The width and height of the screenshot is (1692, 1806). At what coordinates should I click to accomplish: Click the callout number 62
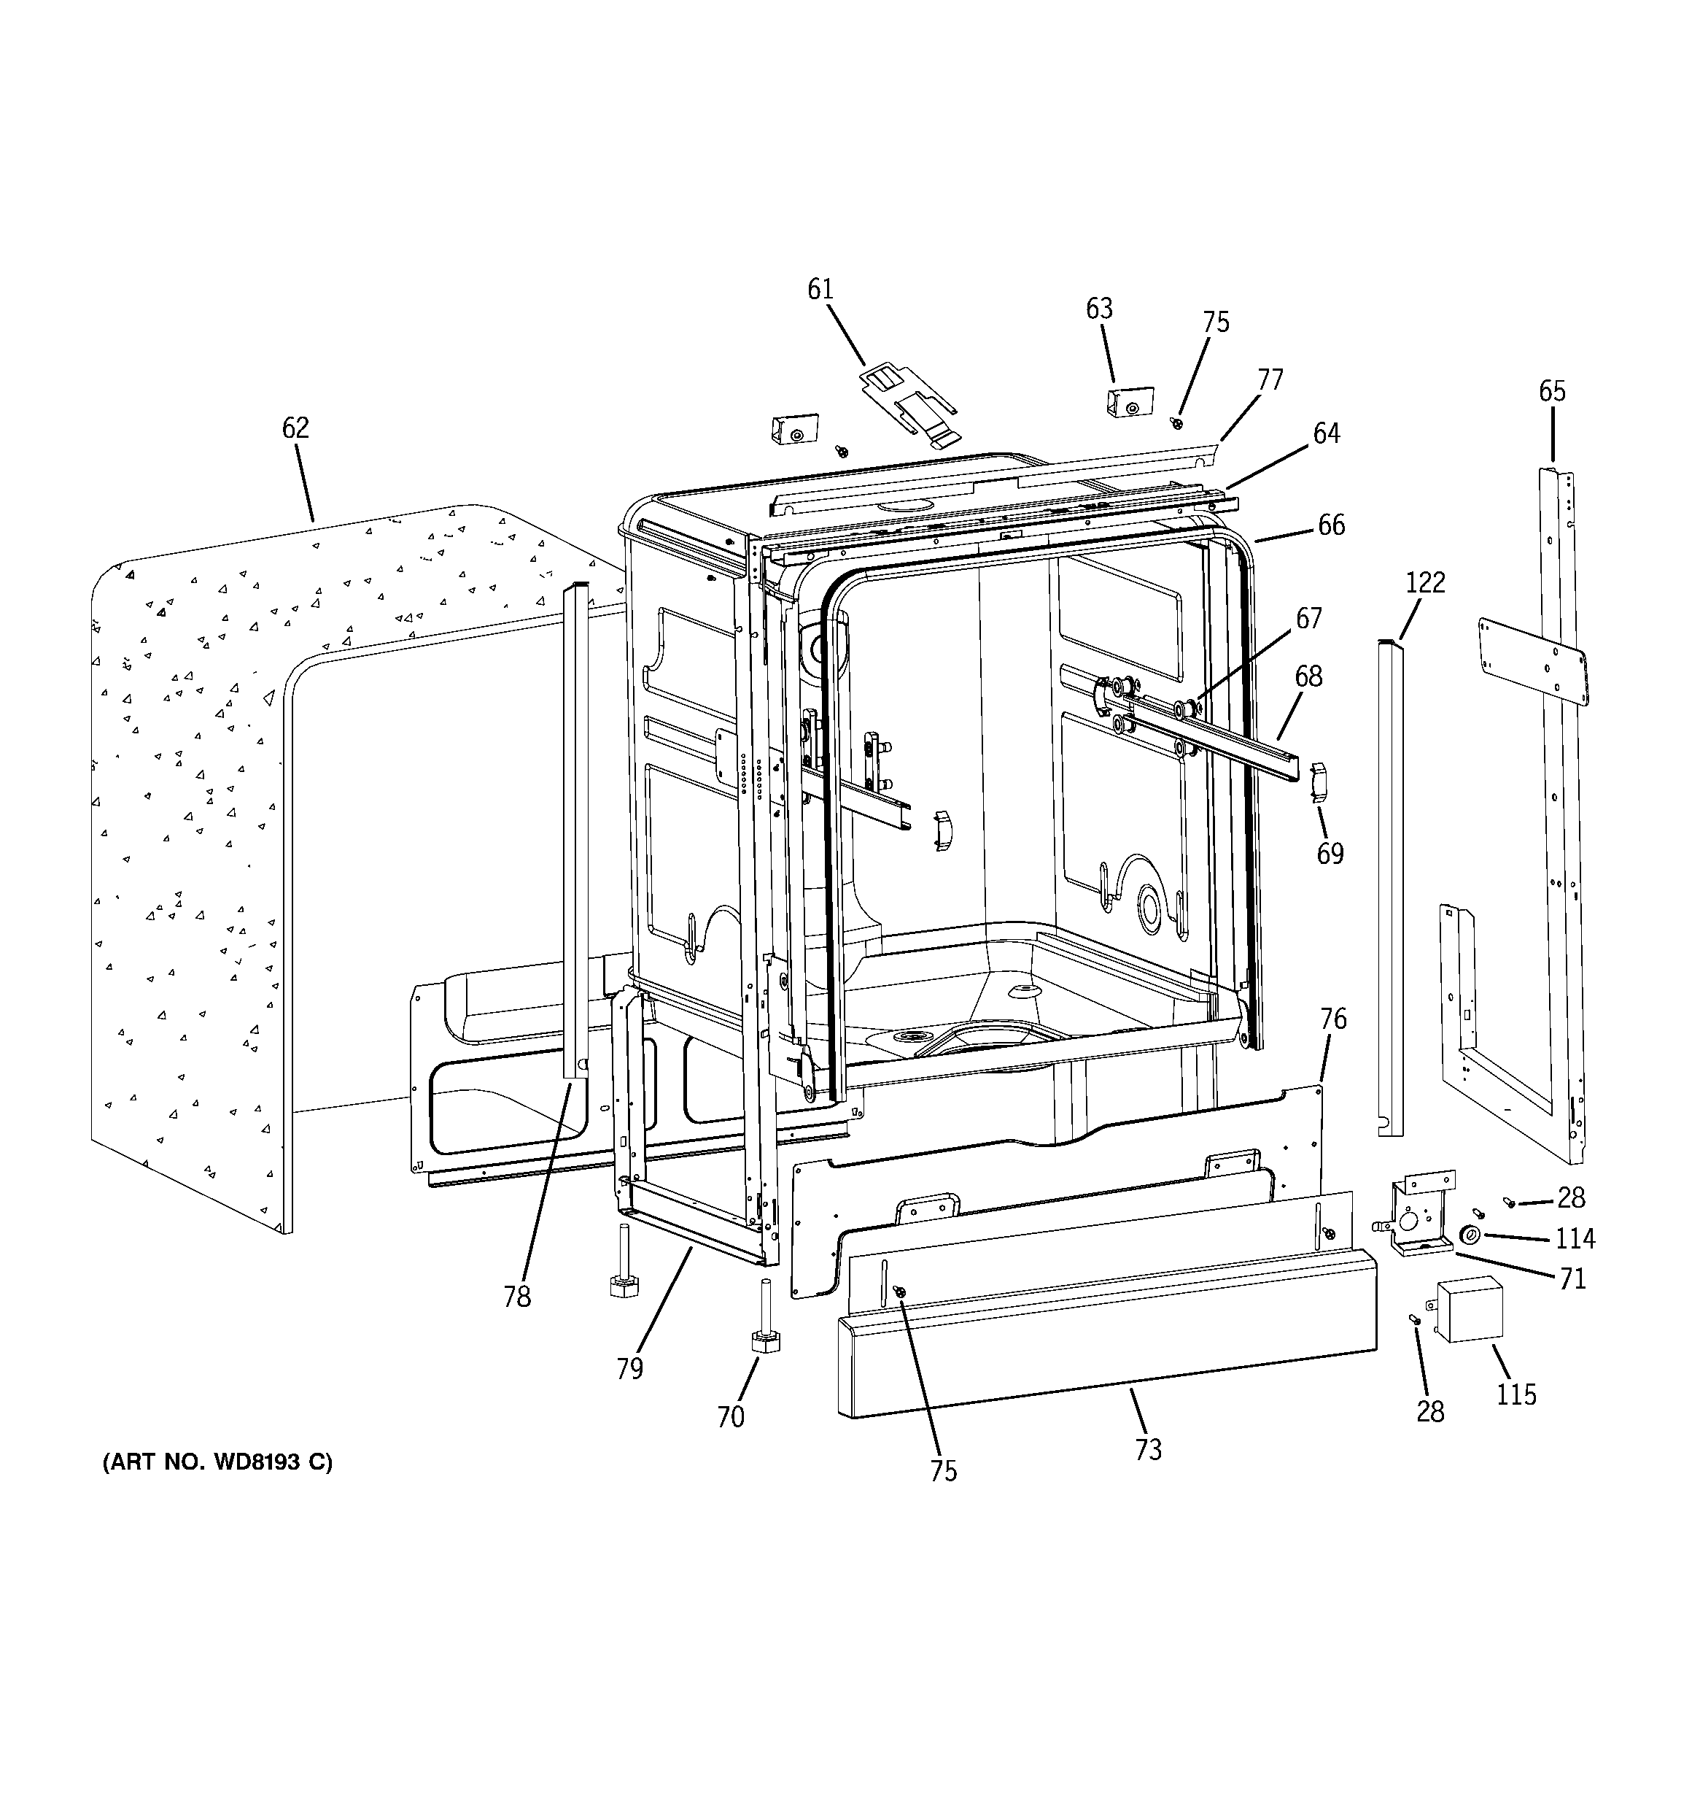click(295, 428)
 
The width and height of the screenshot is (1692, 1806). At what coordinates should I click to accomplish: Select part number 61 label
click(820, 290)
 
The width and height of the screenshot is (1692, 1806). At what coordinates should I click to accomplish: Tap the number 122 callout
click(1425, 582)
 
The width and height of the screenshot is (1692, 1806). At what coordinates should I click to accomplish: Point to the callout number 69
click(1330, 853)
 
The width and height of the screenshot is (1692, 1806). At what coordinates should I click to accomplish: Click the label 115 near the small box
click(1516, 1394)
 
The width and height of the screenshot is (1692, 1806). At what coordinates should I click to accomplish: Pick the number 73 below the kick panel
click(1148, 1450)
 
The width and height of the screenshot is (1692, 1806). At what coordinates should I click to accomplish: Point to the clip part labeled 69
click(1319, 782)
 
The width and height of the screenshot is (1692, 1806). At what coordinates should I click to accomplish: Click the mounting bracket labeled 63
click(1129, 401)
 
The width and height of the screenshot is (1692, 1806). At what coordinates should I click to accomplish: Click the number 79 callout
click(629, 1368)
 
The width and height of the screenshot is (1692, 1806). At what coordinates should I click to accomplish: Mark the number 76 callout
click(1332, 1019)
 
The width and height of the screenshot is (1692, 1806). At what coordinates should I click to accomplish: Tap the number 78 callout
click(517, 1297)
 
